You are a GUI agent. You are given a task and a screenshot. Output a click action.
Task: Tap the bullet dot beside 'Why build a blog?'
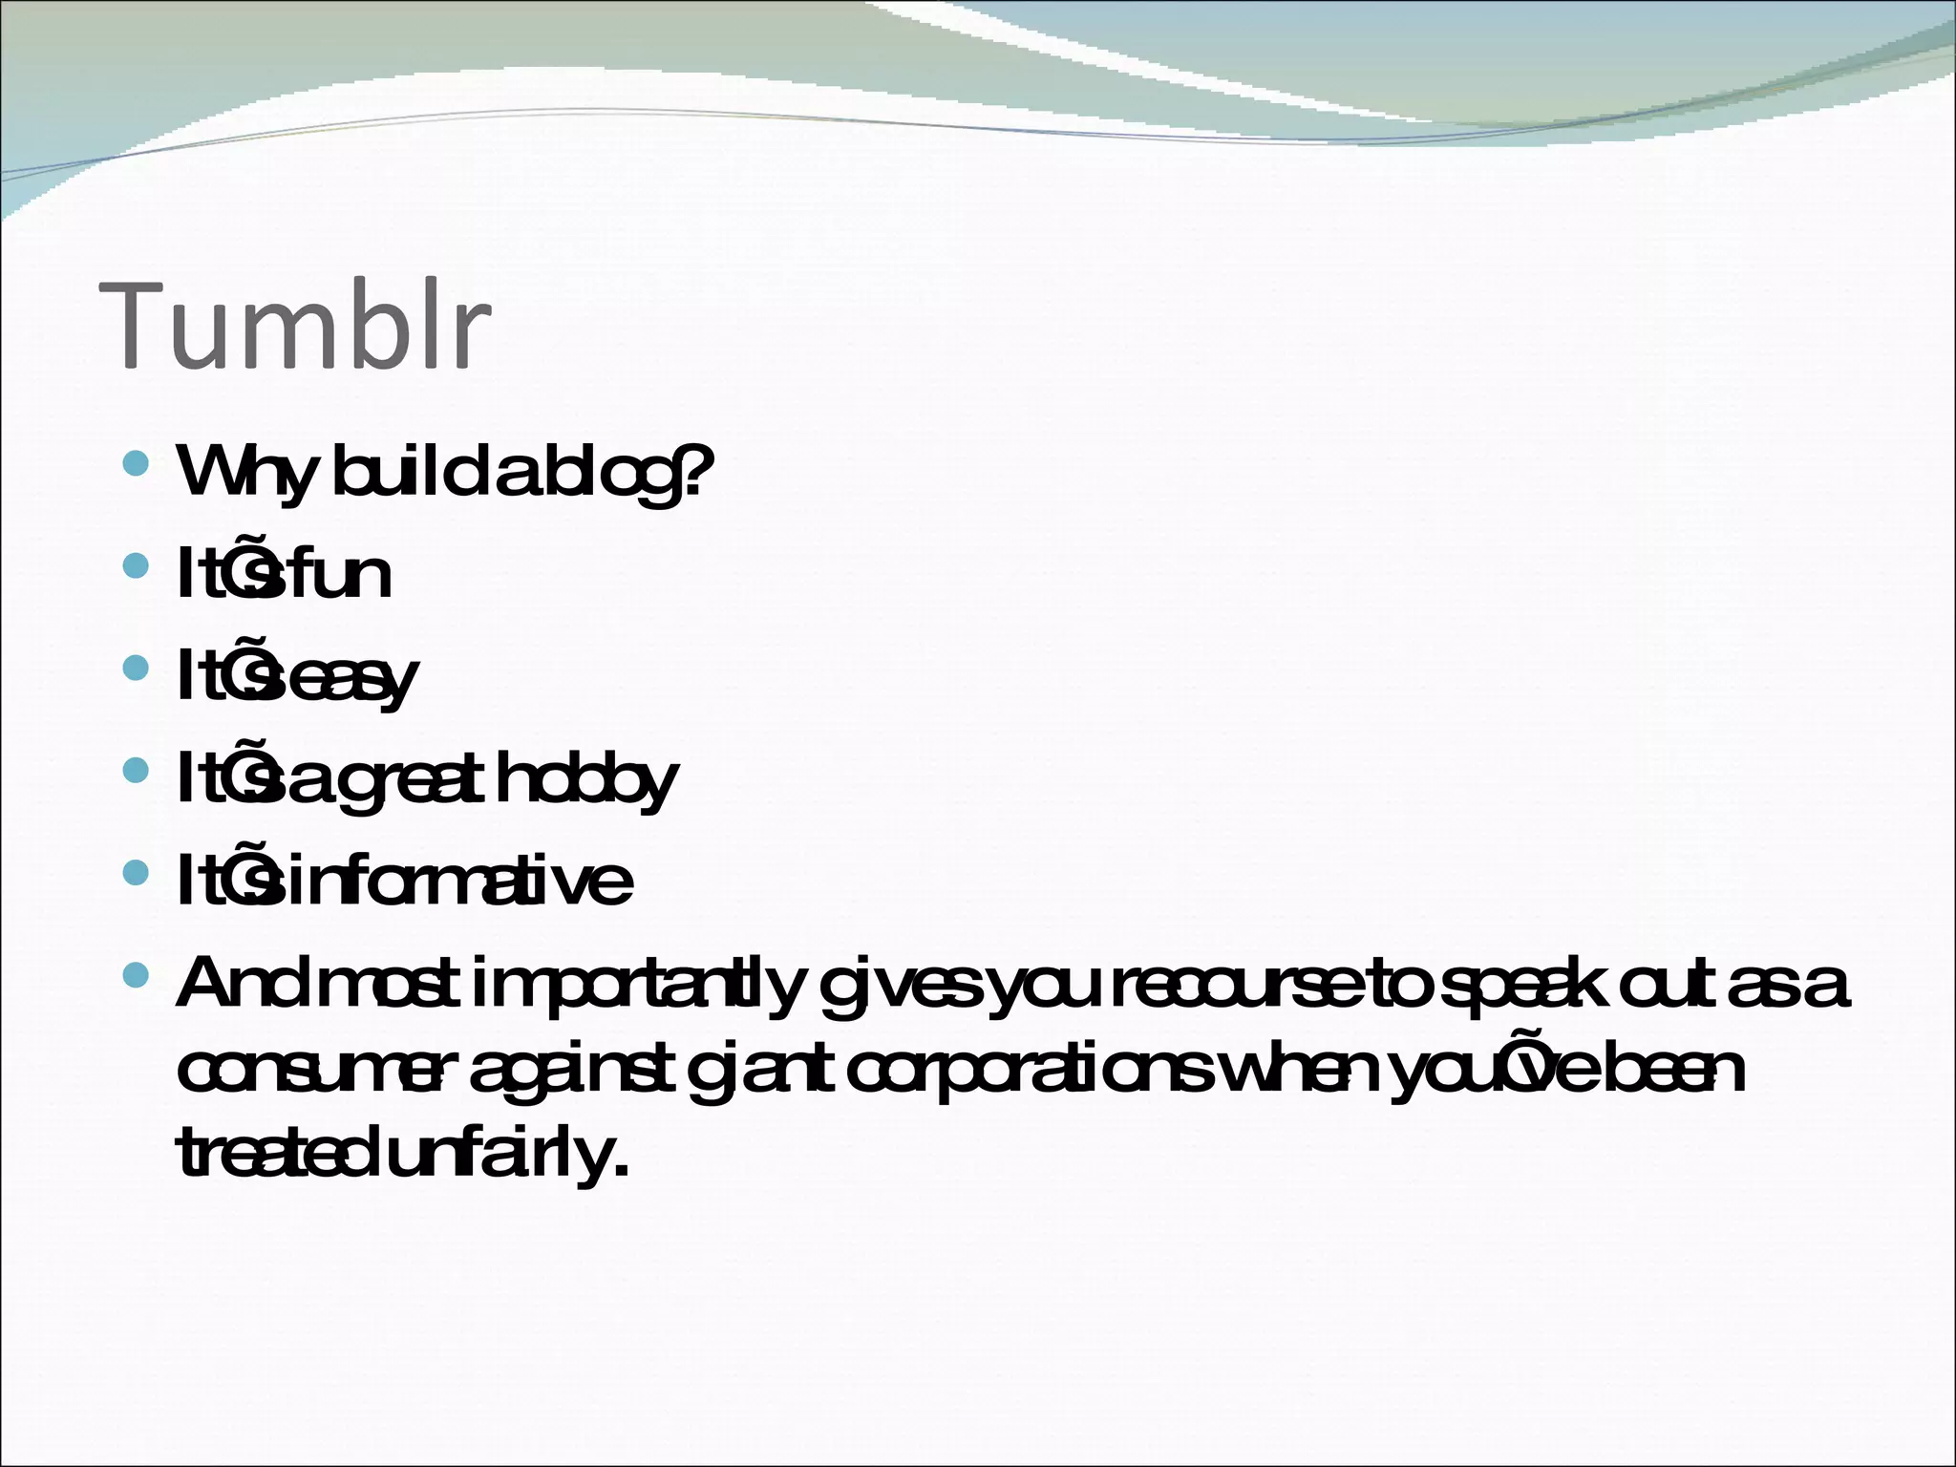[x=138, y=465]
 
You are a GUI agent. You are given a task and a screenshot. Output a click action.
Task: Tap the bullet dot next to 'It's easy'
[x=138, y=669]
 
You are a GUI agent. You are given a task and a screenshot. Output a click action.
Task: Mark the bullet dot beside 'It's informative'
[x=138, y=872]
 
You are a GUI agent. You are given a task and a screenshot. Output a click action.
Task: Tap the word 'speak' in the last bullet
[x=1520, y=986]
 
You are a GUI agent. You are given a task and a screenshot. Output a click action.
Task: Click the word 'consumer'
[x=310, y=1072]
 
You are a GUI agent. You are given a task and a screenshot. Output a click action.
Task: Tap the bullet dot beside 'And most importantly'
[x=138, y=975]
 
